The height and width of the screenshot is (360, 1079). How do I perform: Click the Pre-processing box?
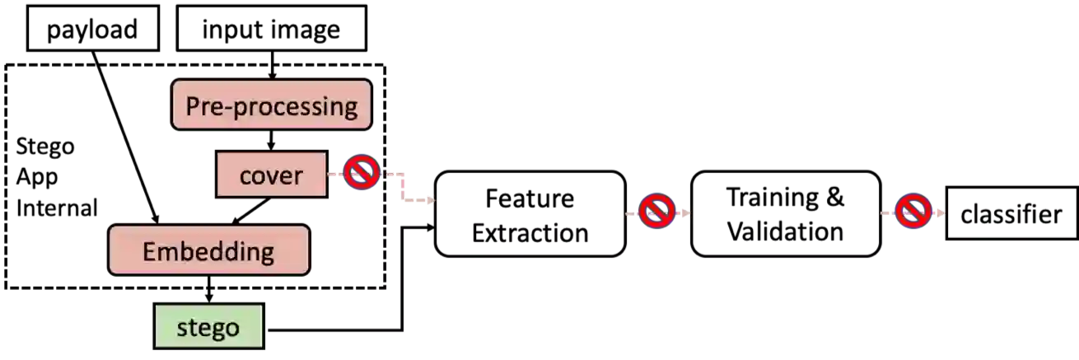[272, 105]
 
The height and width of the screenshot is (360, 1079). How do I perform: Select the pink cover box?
[271, 175]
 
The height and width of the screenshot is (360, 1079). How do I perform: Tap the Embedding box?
[208, 250]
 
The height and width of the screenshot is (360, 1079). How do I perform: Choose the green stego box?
[208, 327]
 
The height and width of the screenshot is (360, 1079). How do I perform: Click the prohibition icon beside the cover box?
[362, 173]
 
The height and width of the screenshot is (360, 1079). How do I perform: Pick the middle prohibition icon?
[656, 212]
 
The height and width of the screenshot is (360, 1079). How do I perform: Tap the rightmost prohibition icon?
[913, 212]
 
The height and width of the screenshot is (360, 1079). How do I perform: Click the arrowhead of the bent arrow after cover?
[427, 199]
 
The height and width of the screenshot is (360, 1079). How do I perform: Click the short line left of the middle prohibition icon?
[632, 213]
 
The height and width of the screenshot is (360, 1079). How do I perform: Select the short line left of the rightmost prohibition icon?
[887, 213]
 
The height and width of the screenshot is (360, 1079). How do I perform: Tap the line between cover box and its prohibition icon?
[335, 175]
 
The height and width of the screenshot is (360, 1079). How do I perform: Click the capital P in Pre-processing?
[193, 106]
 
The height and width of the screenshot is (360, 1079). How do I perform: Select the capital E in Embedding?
[149, 251]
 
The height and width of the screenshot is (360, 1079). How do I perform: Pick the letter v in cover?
[272, 176]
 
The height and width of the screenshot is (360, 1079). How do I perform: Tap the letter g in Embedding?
[265, 254]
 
